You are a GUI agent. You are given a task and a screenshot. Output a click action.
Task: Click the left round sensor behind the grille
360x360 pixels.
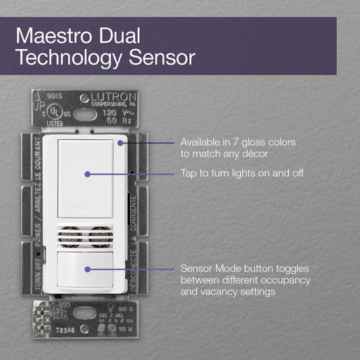point(70,237)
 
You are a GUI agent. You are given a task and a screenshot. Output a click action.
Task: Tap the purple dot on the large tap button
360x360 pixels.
point(86,173)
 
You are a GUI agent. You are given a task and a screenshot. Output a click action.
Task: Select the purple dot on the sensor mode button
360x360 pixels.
point(86,269)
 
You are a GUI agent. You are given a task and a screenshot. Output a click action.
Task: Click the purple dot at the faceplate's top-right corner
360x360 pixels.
point(120,142)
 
